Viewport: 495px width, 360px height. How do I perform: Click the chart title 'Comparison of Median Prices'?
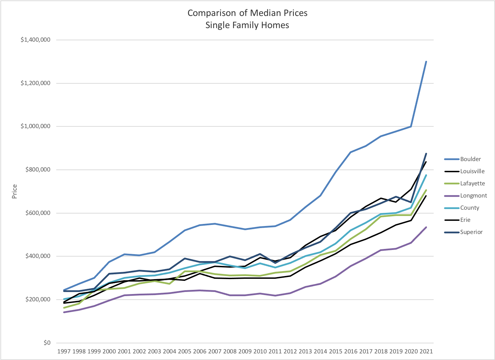(x=247, y=13)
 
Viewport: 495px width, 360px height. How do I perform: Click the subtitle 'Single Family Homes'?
(x=247, y=25)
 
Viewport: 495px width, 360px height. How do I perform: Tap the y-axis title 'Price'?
(x=15, y=192)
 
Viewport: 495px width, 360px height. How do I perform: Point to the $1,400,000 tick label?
(x=36, y=40)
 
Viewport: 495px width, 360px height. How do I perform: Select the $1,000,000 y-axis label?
(x=36, y=126)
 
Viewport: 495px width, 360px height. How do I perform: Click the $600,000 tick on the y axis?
(x=38, y=213)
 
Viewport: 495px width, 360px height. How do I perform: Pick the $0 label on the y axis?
(x=47, y=343)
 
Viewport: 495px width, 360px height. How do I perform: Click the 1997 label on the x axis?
(x=64, y=351)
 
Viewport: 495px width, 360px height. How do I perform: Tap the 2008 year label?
(x=230, y=351)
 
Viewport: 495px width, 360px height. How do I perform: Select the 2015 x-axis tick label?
(x=335, y=351)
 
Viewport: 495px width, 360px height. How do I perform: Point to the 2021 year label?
(x=426, y=351)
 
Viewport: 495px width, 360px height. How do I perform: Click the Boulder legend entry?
(x=470, y=159)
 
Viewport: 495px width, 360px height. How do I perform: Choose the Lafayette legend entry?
(x=472, y=184)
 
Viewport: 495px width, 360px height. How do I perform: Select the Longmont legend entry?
(x=473, y=196)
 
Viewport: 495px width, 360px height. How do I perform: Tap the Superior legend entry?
(x=471, y=232)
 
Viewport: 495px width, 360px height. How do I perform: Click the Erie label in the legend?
(x=465, y=220)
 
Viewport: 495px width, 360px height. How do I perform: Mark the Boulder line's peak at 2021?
(x=426, y=62)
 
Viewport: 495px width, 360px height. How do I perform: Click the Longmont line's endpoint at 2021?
(x=426, y=227)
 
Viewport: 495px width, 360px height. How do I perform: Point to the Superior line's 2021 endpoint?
(x=426, y=153)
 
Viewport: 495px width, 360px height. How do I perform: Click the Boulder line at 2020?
(x=411, y=126)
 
